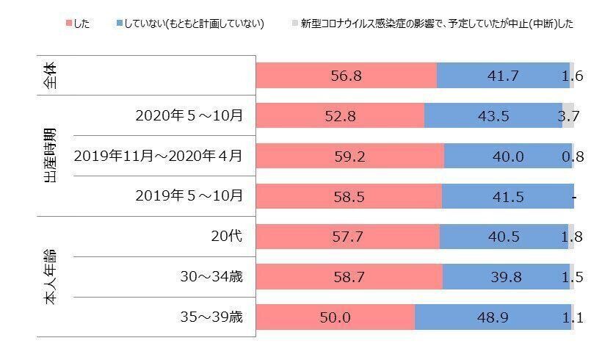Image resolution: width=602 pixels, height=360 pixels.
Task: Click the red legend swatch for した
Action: pos(69,24)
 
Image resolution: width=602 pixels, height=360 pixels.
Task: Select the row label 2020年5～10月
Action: pos(189,115)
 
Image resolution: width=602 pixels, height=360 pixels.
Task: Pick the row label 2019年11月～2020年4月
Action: pos(159,156)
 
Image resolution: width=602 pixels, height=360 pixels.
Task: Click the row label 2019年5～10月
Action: pos(189,196)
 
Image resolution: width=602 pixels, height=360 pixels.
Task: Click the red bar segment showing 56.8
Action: pos(347,76)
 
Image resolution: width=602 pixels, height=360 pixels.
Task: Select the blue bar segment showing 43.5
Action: pos(493,116)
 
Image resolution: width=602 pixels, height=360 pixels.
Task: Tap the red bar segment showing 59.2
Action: pos(350,156)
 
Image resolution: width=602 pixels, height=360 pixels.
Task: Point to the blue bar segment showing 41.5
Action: pos(507,196)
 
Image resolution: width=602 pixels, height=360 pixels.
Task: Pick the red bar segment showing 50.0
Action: pos(336,317)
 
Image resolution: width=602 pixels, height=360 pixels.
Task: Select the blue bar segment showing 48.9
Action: pos(492,317)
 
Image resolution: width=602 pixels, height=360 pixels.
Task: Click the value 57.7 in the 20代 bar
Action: pos(348,237)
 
